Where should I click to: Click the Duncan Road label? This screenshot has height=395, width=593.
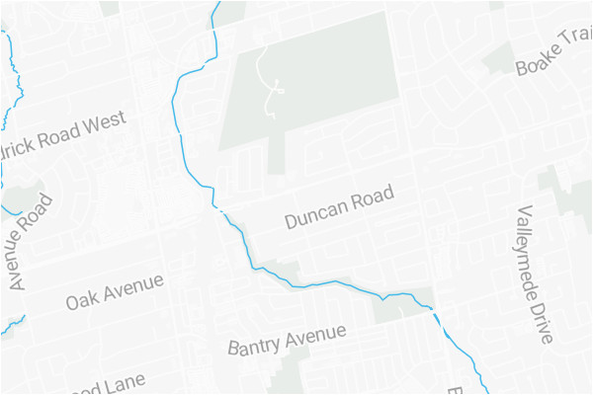point(339,206)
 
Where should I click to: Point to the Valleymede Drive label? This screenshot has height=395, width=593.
point(535,275)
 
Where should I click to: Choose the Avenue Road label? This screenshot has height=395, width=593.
point(30,242)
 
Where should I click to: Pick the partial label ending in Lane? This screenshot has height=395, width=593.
point(109,383)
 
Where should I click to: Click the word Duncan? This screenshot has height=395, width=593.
point(313,214)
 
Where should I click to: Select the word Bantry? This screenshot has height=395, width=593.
point(255,347)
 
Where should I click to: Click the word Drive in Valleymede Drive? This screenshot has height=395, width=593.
point(543,321)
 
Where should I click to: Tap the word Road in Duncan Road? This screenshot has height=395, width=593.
point(373,196)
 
